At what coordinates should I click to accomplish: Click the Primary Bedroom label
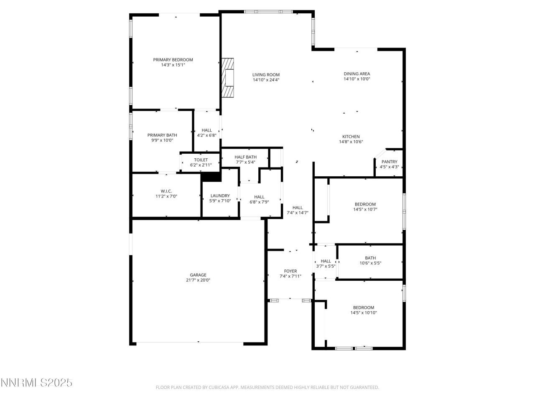click(x=173, y=60)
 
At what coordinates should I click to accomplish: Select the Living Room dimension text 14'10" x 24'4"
click(x=266, y=80)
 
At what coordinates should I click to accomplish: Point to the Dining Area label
click(x=357, y=74)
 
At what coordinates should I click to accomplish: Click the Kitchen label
click(x=351, y=137)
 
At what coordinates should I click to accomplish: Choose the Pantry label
click(x=389, y=162)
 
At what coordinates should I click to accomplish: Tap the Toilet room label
click(x=201, y=160)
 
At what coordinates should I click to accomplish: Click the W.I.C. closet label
click(x=166, y=191)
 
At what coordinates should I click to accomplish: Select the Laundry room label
click(x=220, y=195)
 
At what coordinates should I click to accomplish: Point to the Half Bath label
click(x=245, y=157)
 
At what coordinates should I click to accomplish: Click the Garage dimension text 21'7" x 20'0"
click(x=198, y=280)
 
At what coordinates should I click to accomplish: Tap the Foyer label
click(x=290, y=271)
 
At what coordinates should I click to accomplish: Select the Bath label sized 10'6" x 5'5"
click(x=370, y=258)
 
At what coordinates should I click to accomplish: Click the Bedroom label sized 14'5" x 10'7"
click(x=365, y=204)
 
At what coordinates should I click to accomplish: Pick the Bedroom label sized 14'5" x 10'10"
click(x=363, y=307)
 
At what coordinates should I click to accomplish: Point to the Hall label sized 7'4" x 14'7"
click(x=297, y=208)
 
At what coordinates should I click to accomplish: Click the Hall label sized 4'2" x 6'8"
click(x=206, y=130)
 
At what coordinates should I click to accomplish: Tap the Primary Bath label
click(x=162, y=135)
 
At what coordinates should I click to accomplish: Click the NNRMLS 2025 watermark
click(x=37, y=383)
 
